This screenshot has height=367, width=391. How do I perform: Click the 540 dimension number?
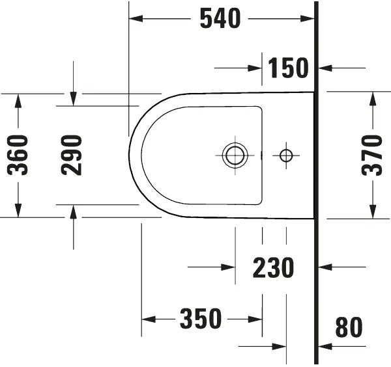click(x=220, y=20)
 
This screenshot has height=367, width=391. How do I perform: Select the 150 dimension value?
click(x=288, y=67)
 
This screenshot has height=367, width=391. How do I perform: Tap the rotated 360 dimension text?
click(x=18, y=155)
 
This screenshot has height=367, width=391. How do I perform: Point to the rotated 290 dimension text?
click(x=72, y=155)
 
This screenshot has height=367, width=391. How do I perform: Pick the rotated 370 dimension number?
click(x=373, y=155)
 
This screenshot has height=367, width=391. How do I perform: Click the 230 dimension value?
click(x=274, y=267)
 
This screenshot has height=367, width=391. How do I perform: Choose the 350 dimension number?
click(x=201, y=319)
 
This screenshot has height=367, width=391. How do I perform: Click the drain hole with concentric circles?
click(x=235, y=155)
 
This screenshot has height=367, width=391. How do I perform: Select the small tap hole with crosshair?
click(x=285, y=155)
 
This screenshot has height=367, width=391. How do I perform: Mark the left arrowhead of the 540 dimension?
click(x=136, y=20)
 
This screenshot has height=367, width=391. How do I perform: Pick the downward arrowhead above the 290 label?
click(x=74, y=99)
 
